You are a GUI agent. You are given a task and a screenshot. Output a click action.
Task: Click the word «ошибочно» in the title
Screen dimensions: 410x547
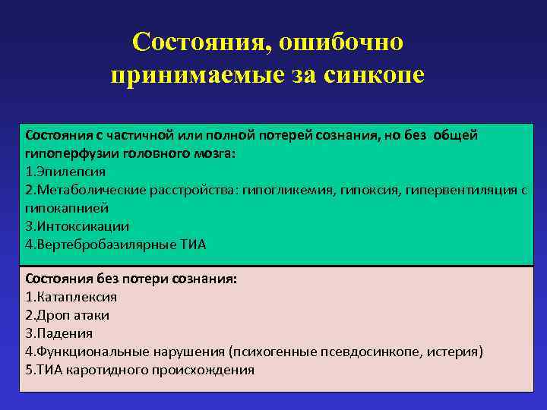click(x=340, y=43)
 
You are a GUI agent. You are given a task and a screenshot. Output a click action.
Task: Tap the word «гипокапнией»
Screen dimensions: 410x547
click(x=67, y=207)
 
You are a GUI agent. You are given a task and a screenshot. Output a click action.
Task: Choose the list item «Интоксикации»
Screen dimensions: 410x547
click(x=82, y=225)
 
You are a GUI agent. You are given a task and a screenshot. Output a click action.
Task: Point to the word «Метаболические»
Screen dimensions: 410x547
click(x=88, y=189)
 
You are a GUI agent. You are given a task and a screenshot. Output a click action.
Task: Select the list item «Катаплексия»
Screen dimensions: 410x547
click(x=76, y=297)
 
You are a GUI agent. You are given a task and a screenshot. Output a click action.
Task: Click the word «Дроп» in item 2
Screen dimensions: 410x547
click(x=53, y=315)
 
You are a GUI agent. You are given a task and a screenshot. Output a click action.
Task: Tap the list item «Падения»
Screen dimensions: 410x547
click(x=65, y=333)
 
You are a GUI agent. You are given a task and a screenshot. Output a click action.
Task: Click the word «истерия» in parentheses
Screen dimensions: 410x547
click(x=455, y=352)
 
